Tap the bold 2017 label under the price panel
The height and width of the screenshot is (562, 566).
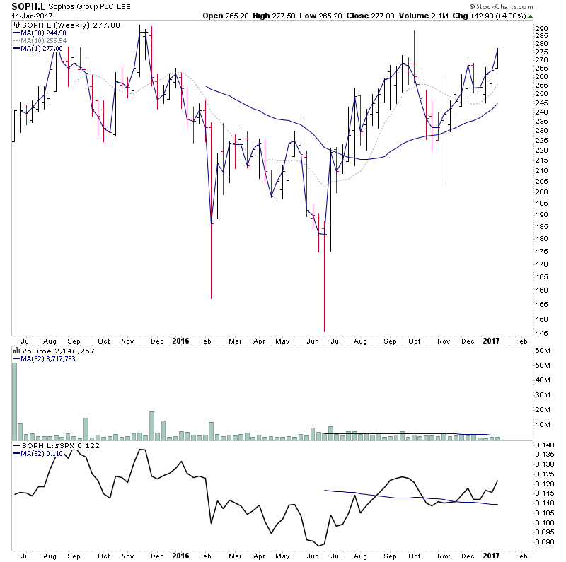coord(490,340)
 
